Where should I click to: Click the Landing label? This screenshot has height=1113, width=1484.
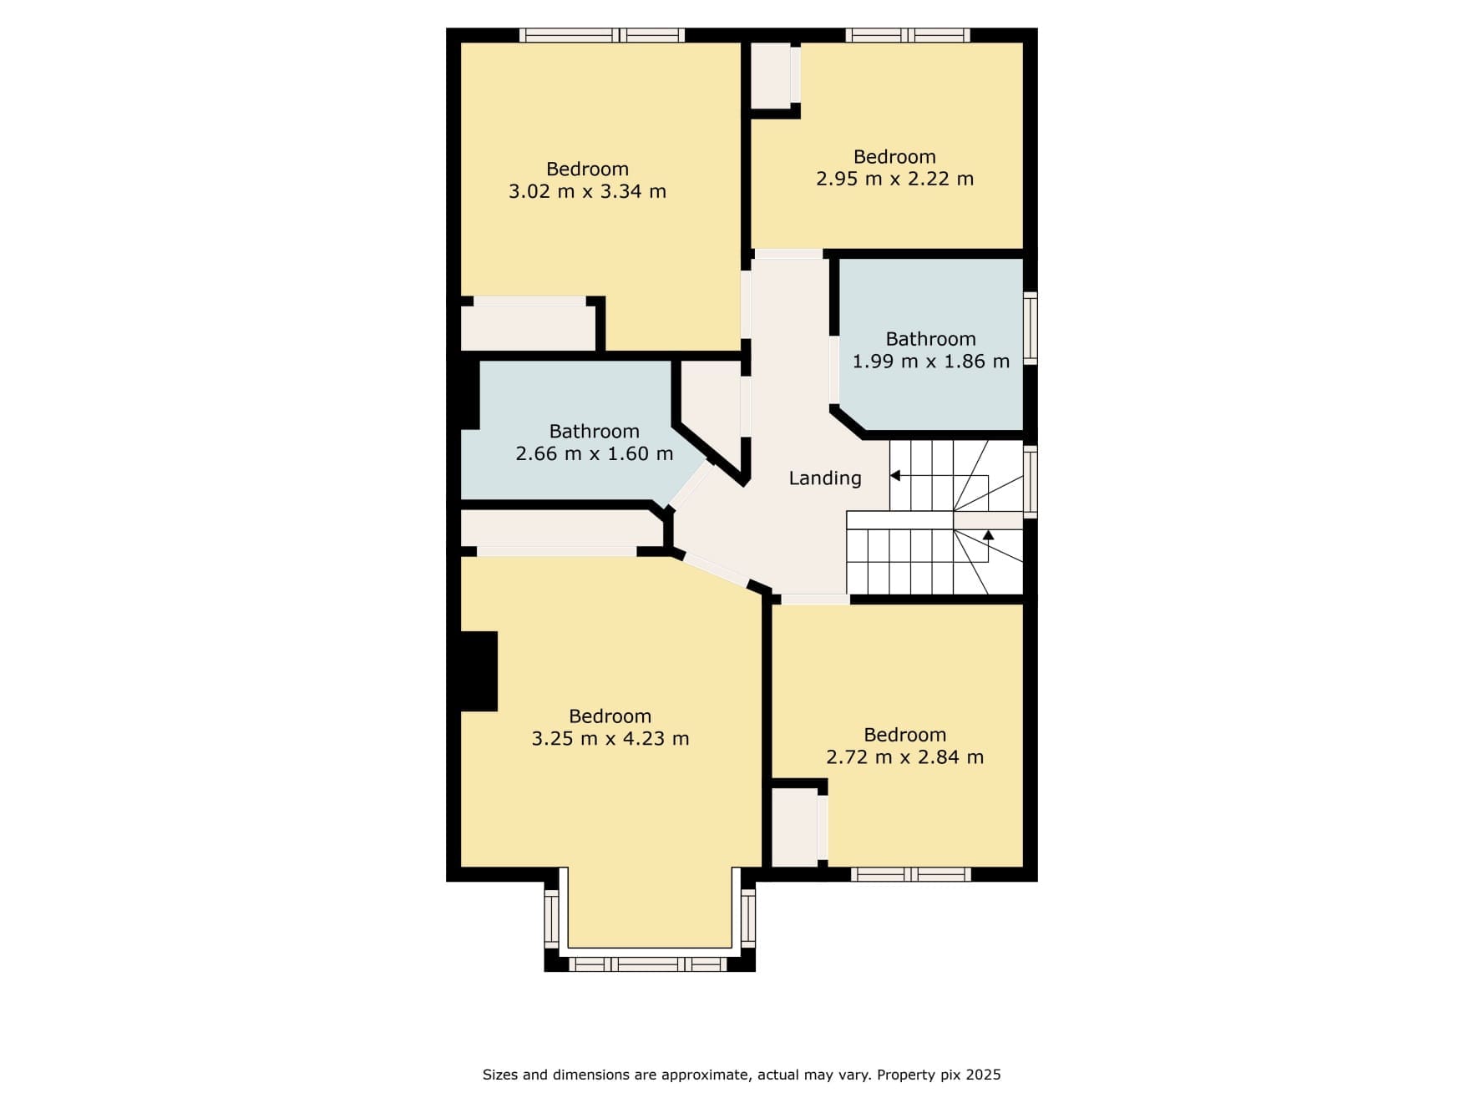click(825, 478)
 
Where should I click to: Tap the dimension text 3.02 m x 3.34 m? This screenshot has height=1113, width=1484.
click(587, 191)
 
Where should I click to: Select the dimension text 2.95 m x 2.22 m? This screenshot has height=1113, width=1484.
click(894, 179)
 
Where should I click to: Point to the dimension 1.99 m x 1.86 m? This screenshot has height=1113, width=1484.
click(930, 362)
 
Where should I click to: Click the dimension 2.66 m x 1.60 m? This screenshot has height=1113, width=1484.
click(594, 454)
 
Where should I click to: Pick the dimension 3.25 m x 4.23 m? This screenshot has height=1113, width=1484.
click(610, 739)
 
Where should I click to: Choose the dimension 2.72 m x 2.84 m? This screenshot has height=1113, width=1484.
click(904, 757)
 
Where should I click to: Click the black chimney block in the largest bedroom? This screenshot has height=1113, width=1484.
click(479, 671)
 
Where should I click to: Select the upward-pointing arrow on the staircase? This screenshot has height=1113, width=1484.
click(989, 534)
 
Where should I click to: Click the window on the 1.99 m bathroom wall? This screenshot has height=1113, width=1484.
click(1031, 327)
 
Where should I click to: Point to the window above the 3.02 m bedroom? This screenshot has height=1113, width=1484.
click(602, 35)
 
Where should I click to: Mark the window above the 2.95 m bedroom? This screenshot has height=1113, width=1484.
click(908, 35)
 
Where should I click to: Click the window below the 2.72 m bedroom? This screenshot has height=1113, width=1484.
click(911, 874)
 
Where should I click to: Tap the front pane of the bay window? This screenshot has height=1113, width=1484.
click(648, 964)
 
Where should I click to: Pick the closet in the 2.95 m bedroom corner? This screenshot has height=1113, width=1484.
click(771, 74)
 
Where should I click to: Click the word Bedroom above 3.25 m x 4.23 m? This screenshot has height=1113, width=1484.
click(610, 716)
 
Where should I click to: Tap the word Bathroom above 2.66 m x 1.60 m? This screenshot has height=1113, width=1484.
click(594, 432)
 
